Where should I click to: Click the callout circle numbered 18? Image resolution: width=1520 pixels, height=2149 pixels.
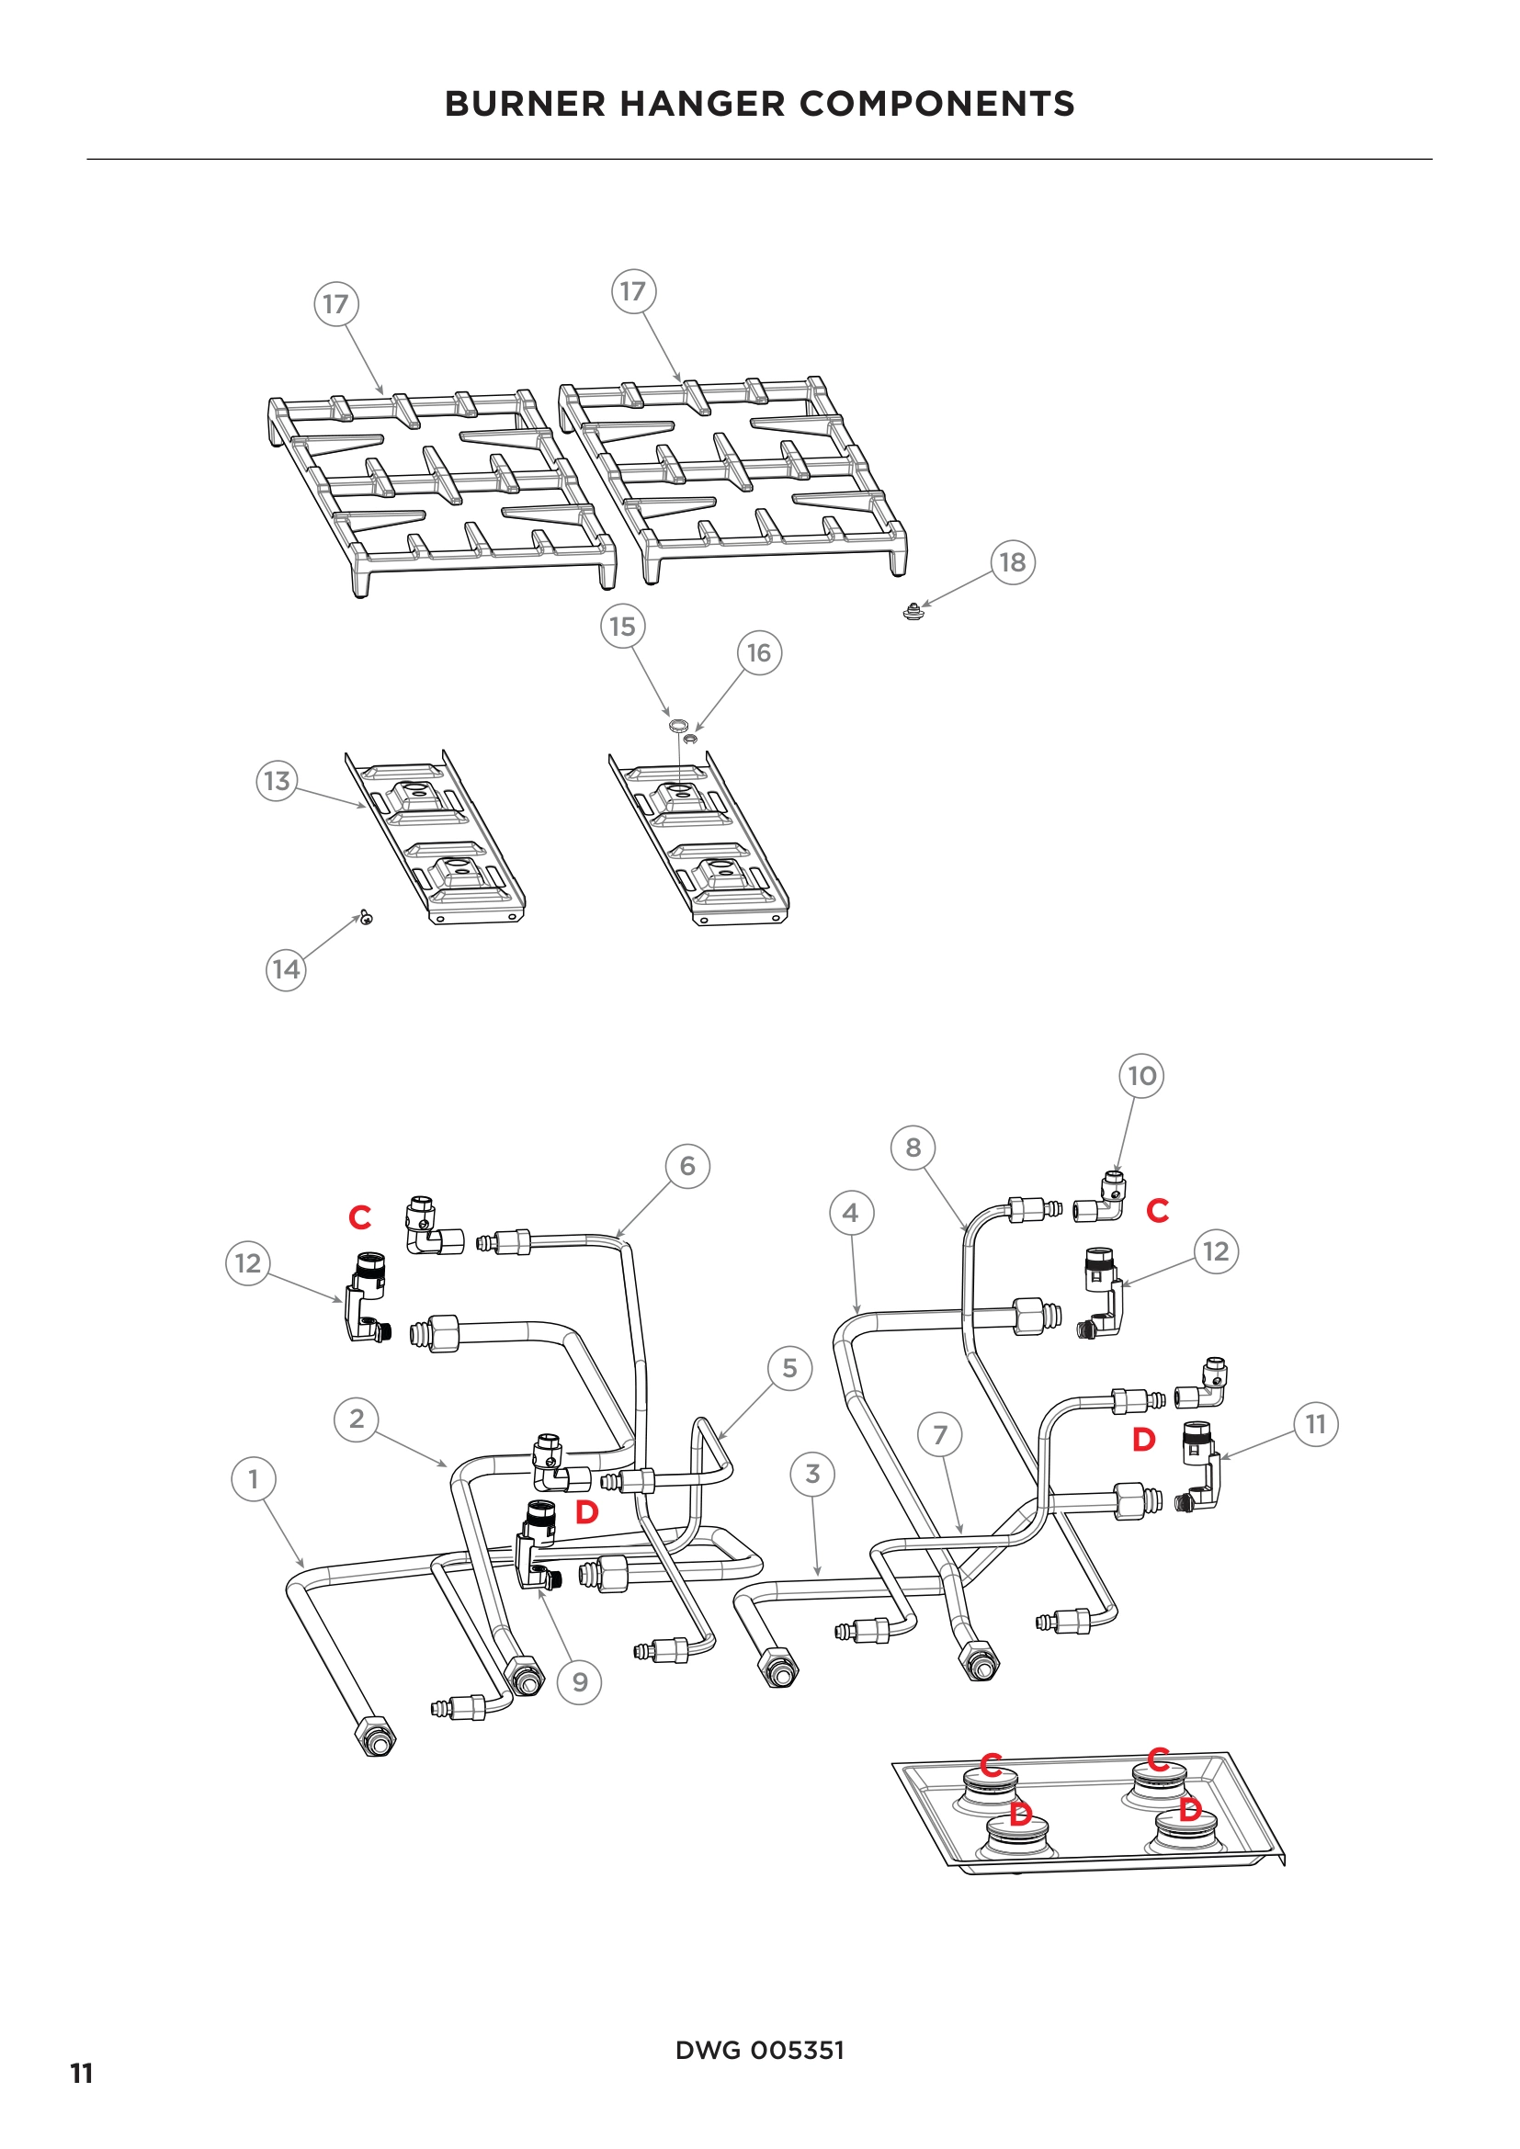click(x=1013, y=562)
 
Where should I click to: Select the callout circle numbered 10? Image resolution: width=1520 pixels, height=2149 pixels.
click(x=1142, y=1076)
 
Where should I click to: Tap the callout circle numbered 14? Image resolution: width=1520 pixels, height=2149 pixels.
click(x=287, y=969)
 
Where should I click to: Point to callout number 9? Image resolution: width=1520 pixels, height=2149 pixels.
click(x=580, y=1683)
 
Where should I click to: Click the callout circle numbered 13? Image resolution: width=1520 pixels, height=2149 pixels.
click(x=277, y=781)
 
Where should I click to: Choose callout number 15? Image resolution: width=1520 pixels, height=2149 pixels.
click(x=622, y=627)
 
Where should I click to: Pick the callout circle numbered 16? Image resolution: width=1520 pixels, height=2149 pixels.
click(x=759, y=652)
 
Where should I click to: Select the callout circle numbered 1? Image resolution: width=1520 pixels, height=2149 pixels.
click(x=253, y=1480)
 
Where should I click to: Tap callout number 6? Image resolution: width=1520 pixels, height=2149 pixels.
click(x=688, y=1166)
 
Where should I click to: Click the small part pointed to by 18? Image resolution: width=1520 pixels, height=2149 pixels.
click(x=913, y=614)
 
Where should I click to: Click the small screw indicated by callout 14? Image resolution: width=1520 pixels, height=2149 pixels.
click(x=366, y=918)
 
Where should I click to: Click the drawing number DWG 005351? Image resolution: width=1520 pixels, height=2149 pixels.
click(x=759, y=2051)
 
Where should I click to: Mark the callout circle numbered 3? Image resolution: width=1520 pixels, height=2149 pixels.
click(x=812, y=1474)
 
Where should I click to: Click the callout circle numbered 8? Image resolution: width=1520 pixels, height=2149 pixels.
click(x=913, y=1148)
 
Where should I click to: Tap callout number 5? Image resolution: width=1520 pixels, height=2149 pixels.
click(x=790, y=1368)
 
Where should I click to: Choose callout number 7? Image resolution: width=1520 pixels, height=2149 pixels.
click(x=941, y=1434)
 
